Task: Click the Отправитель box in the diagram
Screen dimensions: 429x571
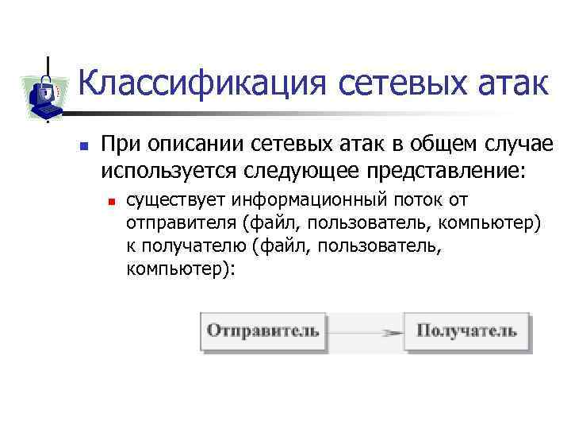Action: click(264, 330)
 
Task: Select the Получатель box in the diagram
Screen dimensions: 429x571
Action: click(467, 330)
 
